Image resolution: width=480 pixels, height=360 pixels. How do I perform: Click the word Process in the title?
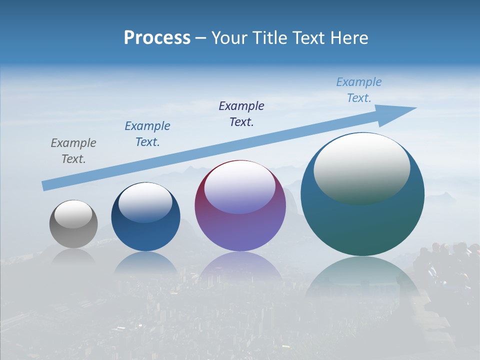pyautogui.click(x=157, y=38)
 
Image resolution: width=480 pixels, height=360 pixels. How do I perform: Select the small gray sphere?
pyautogui.click(x=73, y=232)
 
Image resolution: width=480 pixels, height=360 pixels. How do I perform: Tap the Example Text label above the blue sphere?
pyautogui.click(x=147, y=134)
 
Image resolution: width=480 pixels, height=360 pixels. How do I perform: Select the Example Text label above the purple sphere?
pyautogui.click(x=241, y=114)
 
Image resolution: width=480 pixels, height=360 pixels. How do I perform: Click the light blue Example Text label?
pyautogui.click(x=359, y=90)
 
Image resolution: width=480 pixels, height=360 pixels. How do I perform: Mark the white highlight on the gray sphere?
pyautogui.click(x=73, y=214)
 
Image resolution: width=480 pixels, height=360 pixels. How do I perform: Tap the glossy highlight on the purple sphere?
pyautogui.click(x=240, y=187)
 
